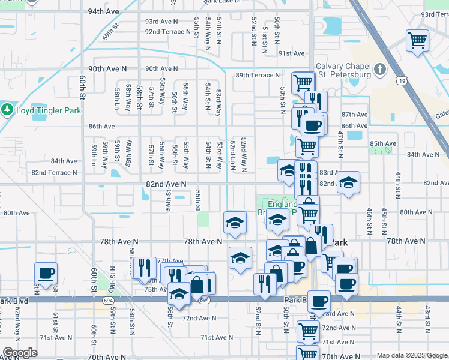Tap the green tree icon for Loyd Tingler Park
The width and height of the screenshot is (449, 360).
pos(7,110)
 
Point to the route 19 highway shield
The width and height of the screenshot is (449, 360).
pos(402,80)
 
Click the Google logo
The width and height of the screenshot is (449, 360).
pos(20,353)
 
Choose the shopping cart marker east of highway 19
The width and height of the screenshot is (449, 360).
pos(417,41)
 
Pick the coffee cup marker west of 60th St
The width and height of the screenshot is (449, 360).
pos(46,274)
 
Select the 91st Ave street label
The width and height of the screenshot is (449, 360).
pos(291,53)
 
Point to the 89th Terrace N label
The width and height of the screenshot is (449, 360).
pos(258,76)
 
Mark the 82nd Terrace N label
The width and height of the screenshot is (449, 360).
pos(54,172)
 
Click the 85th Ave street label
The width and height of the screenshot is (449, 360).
pos(383,144)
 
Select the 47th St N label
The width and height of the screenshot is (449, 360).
pos(340,140)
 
